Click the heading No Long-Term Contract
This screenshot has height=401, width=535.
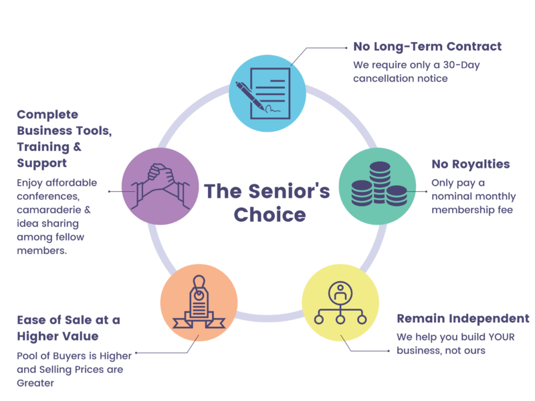pyautogui.click(x=427, y=47)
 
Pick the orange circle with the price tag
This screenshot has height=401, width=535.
pyautogui.click(x=199, y=305)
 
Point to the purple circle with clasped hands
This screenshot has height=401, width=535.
pyautogui.click(x=160, y=186)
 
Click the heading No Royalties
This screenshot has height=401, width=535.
pyautogui.click(x=471, y=164)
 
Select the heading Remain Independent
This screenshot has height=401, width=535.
pyautogui.click(x=463, y=318)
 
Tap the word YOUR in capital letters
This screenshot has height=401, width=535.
pyautogui.click(x=501, y=337)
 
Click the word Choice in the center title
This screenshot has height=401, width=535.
pyautogui.click(x=270, y=216)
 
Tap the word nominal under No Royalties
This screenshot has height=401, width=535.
pyautogui.click(x=457, y=196)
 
